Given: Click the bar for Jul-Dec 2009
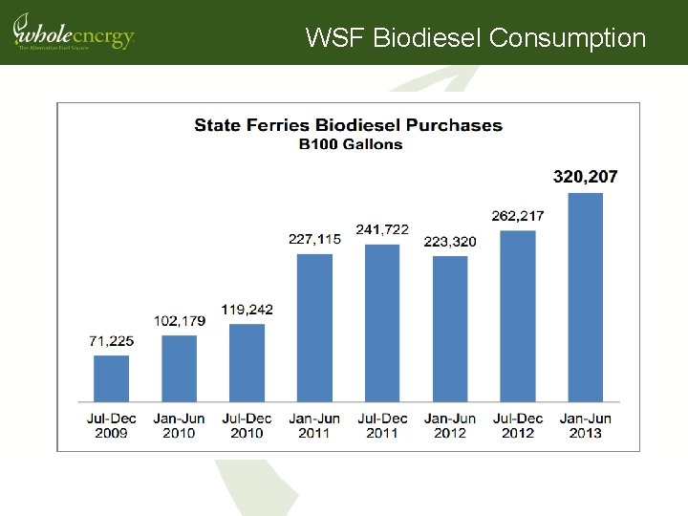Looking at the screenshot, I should coord(111,378).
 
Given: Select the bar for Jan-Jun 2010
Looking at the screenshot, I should coord(179,368).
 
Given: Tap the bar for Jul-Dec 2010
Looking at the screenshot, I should coord(247,363).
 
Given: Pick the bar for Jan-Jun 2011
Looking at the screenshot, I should coord(314,327).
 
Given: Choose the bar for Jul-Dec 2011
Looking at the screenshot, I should coord(382,323).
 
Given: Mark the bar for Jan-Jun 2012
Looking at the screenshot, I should coord(450,329).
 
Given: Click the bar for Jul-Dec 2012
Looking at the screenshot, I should coord(518,315).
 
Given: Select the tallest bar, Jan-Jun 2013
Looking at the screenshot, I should coord(586,297).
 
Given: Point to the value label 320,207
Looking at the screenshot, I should coord(586,177).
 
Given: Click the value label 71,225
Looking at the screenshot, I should coord(111,341).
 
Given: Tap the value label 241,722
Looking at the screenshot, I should coord(382,229).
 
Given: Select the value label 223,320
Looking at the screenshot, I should coord(450,242).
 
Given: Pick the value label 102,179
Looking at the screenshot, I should coord(179,321).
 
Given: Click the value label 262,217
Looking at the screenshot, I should coord(518,216).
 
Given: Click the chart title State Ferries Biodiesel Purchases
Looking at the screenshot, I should coord(348,125).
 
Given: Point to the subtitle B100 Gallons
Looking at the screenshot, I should coord(350,144).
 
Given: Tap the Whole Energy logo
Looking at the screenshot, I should coord(73,32).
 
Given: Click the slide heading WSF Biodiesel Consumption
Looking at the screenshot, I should coord(476,38).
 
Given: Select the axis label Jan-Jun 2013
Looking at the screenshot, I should coord(586,425).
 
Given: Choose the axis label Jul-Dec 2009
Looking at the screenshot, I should coord(111,425).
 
